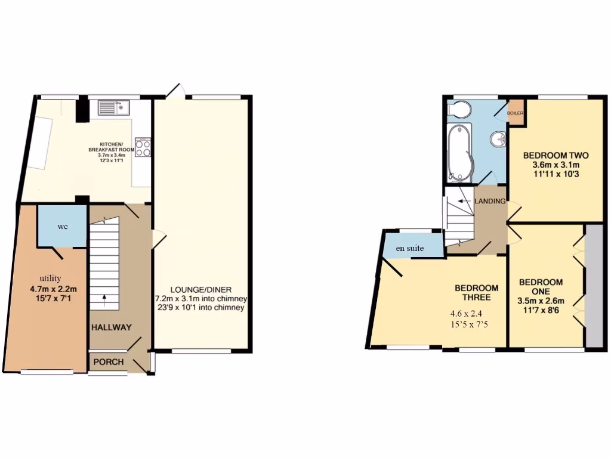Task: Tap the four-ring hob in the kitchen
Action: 143,147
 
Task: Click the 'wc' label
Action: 62,227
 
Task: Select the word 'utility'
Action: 50,278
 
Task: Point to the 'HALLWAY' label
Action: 112,327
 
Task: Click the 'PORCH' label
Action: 109,362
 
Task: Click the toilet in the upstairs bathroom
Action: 460,110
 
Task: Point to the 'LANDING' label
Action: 490,202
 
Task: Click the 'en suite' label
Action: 412,248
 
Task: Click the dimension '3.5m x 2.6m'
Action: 541,301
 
